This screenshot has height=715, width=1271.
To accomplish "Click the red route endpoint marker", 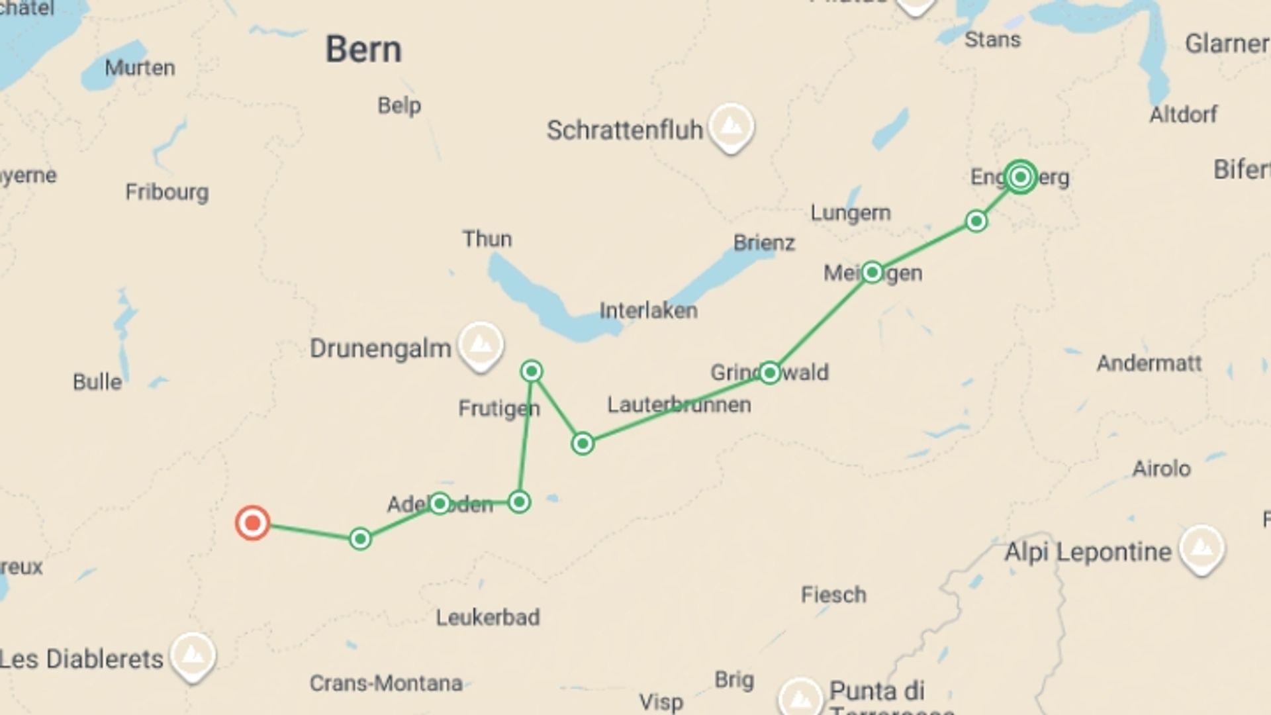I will click(252, 523).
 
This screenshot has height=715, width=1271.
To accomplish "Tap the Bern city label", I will click(363, 50).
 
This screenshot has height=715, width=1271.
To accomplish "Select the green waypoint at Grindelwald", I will click(769, 373).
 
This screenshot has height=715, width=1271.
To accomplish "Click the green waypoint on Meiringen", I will click(872, 272).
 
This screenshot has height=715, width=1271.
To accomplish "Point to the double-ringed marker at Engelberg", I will click(1020, 177).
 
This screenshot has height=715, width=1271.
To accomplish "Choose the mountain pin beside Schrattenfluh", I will click(731, 126).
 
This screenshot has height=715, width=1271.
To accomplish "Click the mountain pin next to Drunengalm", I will click(481, 344).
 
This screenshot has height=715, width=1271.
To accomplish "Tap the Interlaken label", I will click(648, 310).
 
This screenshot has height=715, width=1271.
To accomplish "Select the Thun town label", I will click(487, 239).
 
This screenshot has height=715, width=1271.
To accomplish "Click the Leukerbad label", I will click(488, 618).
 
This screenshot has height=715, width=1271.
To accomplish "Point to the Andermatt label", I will click(1149, 363).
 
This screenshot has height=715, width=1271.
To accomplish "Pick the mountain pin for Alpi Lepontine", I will click(1201, 548).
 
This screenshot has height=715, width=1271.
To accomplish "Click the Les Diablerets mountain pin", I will click(193, 655).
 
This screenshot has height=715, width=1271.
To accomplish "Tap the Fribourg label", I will click(167, 192).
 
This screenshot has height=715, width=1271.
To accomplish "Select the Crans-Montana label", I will click(386, 683).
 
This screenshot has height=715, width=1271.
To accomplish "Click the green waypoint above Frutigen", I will click(532, 371).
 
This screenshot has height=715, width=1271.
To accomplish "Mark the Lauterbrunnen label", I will click(679, 405).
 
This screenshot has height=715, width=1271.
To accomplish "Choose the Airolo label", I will click(1161, 469).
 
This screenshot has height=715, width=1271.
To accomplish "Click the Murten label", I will click(140, 68).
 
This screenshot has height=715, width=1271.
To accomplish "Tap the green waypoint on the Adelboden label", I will click(440, 504).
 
